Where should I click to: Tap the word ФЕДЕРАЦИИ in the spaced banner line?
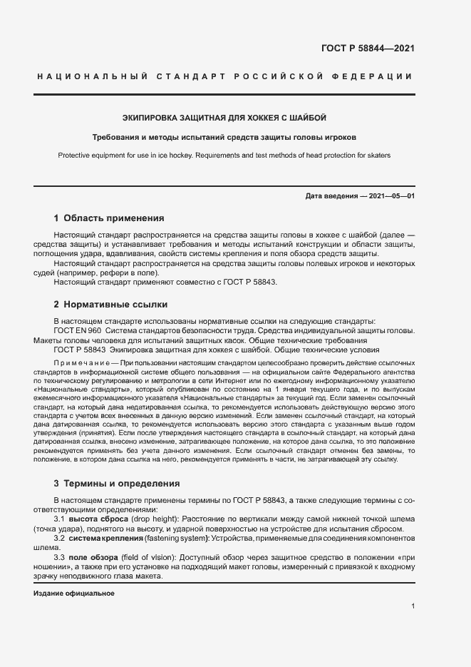[374, 76]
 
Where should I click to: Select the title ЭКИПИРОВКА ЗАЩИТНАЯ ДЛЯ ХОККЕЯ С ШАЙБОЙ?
[224, 118]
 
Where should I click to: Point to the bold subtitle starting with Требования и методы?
[224, 137]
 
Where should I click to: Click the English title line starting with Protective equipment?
[224, 156]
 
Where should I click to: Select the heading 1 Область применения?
[109, 218]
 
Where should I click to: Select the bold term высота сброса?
[107, 519]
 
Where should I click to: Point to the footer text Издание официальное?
[74, 594]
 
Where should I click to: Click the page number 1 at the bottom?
[413, 606]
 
